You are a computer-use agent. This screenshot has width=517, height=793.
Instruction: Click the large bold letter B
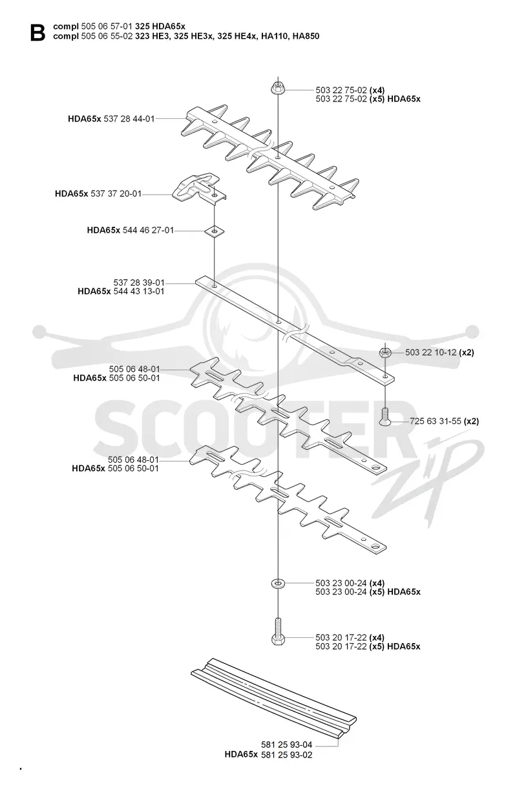38,33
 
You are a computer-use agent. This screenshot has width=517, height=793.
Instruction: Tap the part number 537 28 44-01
129,119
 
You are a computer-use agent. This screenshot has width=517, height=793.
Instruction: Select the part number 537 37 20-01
116,194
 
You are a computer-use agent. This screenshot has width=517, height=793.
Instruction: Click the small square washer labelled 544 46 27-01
215,231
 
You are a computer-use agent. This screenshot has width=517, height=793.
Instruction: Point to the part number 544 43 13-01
139,291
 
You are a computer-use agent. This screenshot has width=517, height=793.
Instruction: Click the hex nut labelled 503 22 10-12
385,353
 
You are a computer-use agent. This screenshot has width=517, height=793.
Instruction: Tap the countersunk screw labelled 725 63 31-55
385,417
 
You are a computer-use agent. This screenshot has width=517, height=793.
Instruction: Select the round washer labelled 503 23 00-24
278,582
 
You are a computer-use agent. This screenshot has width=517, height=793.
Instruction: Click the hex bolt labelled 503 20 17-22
278,632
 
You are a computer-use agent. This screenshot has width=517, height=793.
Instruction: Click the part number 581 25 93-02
287,755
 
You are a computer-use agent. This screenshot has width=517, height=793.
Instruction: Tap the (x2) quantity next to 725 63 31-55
471,421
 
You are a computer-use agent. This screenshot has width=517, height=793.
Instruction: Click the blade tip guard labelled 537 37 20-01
199,187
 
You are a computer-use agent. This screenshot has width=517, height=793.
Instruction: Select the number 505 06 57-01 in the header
107,26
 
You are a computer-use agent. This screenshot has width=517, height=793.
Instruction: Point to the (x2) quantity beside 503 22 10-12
467,353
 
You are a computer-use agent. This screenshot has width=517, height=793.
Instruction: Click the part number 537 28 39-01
139,282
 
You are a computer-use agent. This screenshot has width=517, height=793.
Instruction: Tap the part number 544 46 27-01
149,230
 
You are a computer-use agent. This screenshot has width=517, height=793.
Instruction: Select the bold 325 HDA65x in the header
160,26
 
